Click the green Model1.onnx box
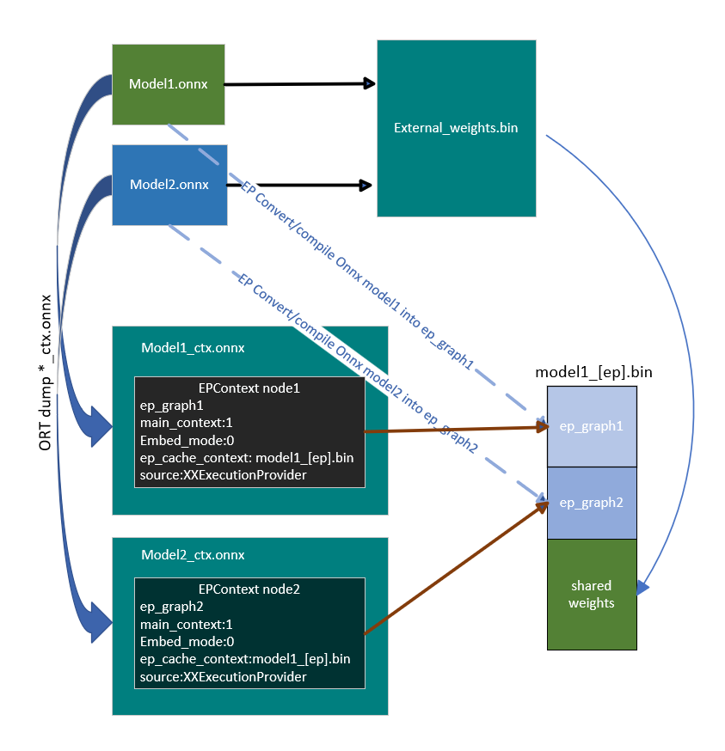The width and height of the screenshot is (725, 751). tap(169, 84)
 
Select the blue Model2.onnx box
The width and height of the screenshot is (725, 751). tap(169, 185)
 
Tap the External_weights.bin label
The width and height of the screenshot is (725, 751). tap(456, 128)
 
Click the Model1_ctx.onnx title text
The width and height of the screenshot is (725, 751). tap(193, 348)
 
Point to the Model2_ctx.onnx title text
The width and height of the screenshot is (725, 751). tap(193, 555)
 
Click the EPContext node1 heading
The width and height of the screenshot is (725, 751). tap(249, 388)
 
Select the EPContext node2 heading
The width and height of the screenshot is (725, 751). tap(249, 589)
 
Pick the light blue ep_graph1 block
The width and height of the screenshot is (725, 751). tap(592, 426)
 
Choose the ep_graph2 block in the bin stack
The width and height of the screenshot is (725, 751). tap(592, 503)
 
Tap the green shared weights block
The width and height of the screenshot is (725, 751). tap(592, 595)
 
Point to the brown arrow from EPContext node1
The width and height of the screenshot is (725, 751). tap(456, 428)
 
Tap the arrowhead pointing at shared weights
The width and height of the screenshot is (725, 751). tap(642, 589)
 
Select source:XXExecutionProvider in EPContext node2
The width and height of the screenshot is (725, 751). tap(223, 677)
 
